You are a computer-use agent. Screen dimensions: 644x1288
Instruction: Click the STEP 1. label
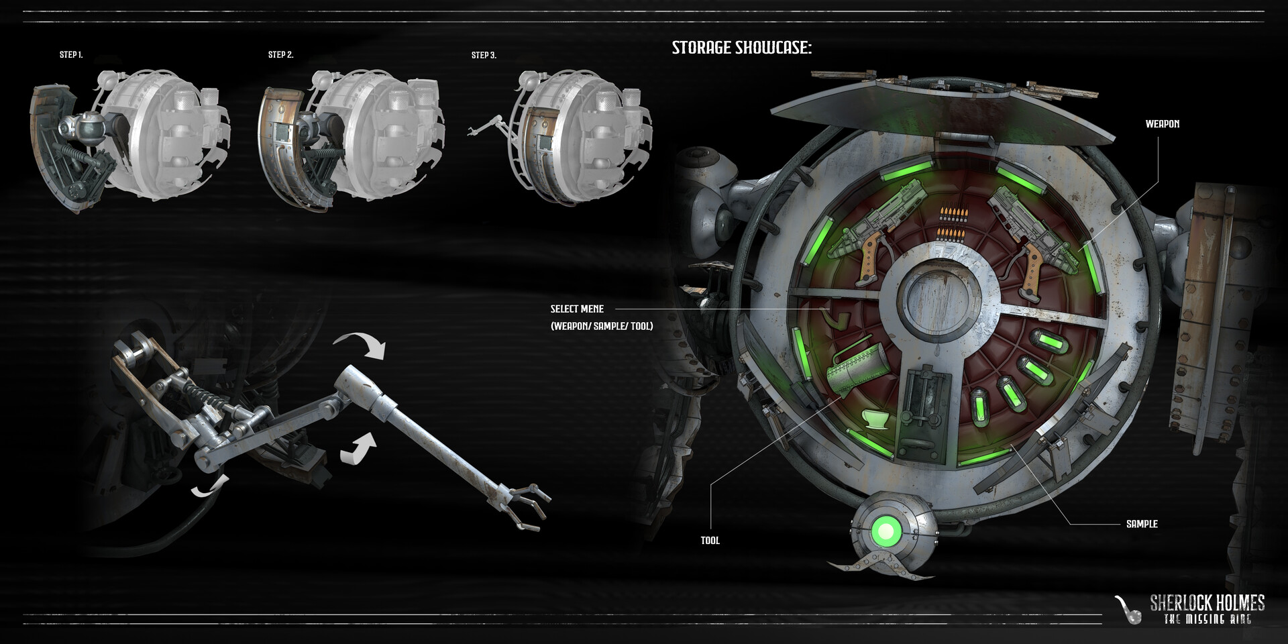point(71,55)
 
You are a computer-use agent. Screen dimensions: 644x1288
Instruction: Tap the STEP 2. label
point(280,55)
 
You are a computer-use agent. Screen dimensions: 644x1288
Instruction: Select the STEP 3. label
point(484,56)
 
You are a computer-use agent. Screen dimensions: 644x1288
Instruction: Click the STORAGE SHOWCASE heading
point(741,48)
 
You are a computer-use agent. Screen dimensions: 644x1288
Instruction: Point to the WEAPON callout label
point(1162,124)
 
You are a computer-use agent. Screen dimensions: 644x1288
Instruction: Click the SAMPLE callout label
point(1142,524)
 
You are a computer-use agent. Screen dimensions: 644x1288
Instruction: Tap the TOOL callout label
point(710,541)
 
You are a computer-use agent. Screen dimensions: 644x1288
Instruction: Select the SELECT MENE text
point(577,309)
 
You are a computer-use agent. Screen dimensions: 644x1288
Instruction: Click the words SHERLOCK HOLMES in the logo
point(1207,602)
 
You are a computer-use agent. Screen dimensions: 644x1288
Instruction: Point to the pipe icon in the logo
point(1127,609)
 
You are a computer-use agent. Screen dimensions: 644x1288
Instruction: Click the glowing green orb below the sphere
point(886,532)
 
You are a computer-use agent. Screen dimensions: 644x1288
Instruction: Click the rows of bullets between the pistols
point(949,223)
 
